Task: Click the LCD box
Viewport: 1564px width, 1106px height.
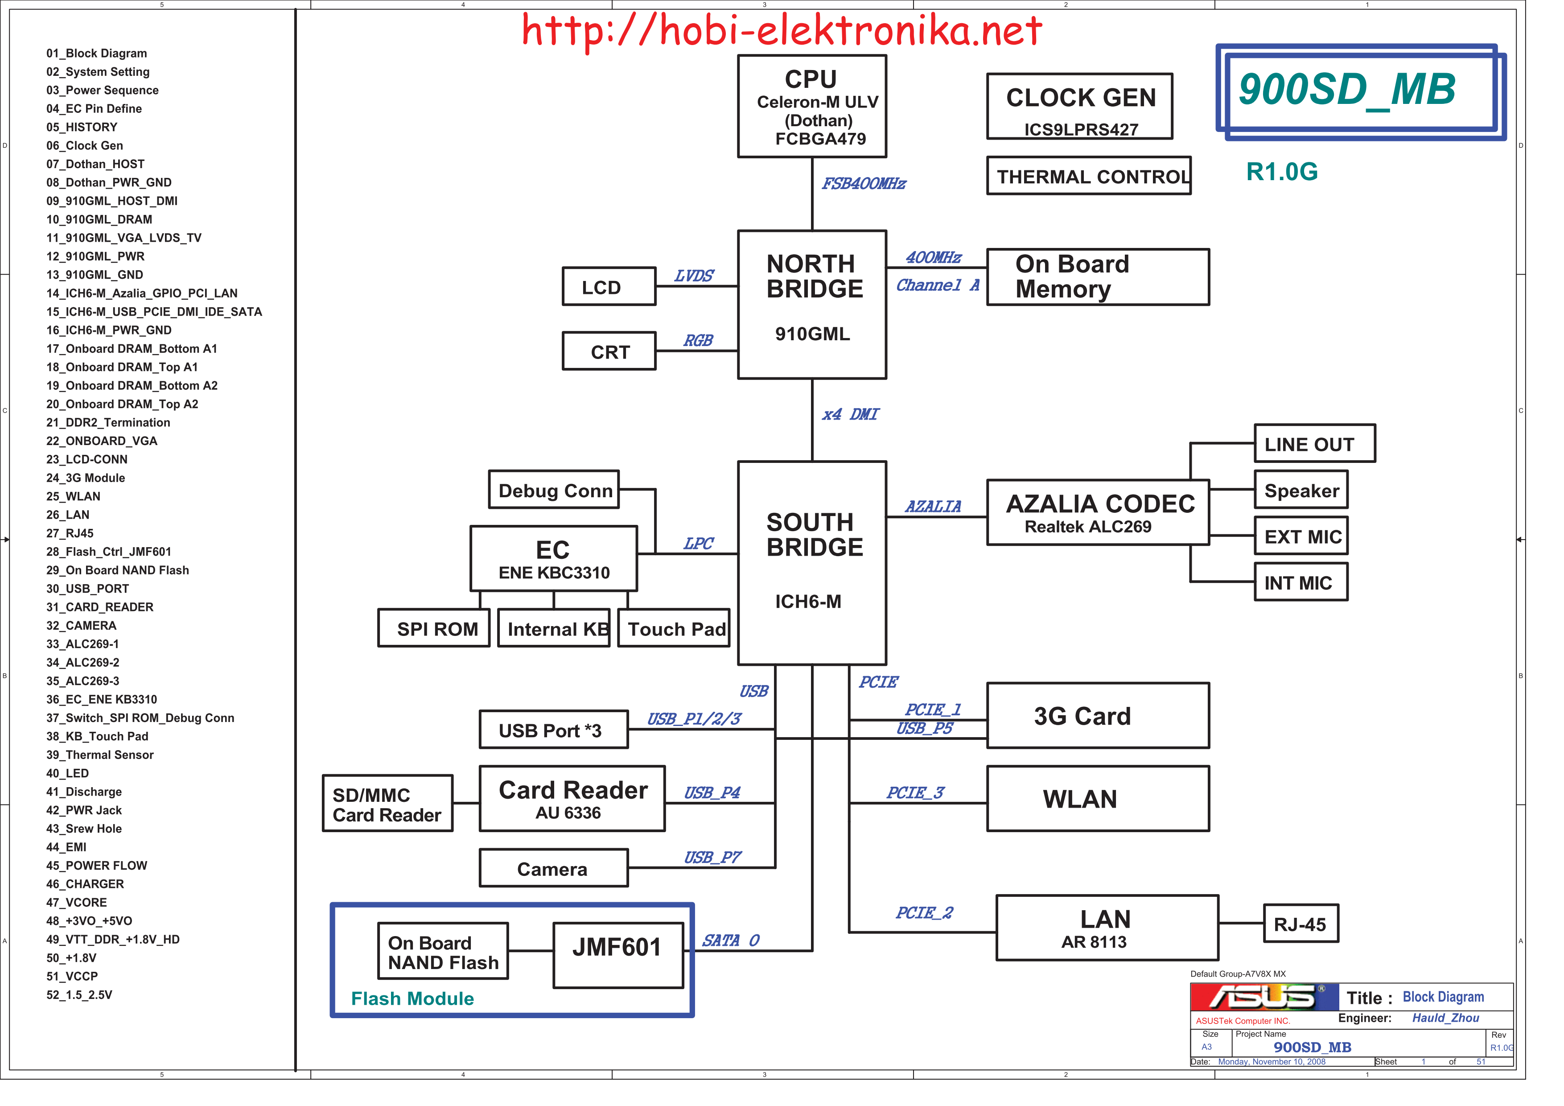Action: click(608, 286)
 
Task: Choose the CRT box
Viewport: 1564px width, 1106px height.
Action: click(608, 351)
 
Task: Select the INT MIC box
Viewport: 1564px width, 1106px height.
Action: click(1301, 582)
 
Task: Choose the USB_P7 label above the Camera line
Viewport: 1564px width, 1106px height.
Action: click(712, 857)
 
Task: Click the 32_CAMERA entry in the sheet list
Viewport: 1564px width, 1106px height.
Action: click(81, 626)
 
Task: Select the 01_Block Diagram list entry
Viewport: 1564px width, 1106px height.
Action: click(97, 53)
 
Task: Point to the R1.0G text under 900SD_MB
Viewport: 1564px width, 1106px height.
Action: click(1281, 172)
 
